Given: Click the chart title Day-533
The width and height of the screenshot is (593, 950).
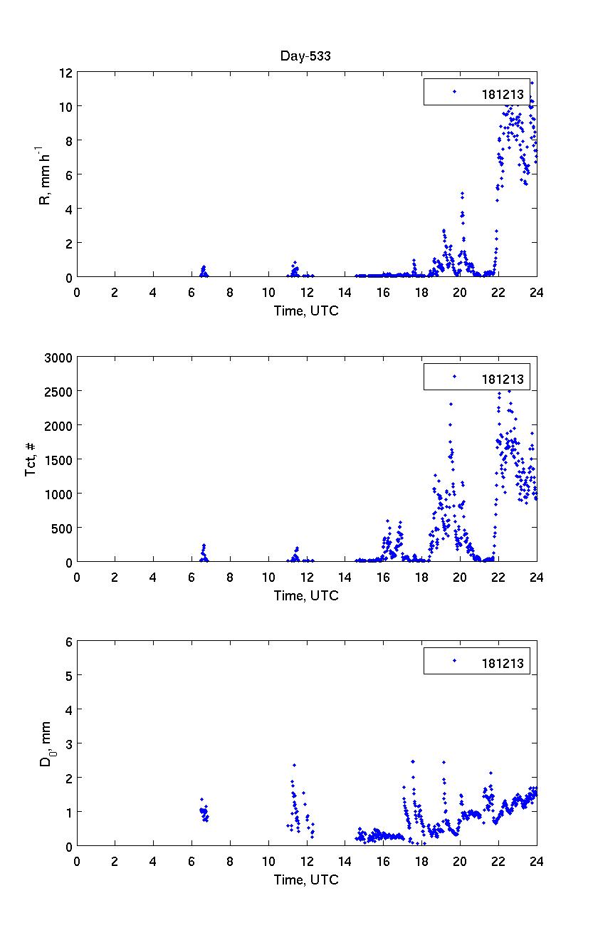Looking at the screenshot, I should (306, 57).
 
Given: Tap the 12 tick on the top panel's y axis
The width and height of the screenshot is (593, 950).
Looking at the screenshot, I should (65, 73).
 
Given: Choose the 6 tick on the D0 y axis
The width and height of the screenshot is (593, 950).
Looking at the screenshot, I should (69, 642).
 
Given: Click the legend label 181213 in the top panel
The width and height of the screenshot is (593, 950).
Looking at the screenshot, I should (502, 94).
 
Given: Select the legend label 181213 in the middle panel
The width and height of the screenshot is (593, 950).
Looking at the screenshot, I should (502, 379).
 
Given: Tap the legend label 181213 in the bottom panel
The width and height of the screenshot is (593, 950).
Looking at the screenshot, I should (502, 664).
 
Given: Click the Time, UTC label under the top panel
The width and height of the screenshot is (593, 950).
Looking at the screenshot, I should (306, 311).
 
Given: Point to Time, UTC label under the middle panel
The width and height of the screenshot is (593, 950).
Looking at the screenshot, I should (306, 596).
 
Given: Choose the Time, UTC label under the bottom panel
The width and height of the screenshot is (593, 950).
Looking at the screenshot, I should (306, 880).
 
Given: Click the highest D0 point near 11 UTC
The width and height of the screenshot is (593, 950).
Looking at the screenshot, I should (294, 765).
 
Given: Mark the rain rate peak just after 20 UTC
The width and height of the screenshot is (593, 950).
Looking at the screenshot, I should (462, 193).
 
